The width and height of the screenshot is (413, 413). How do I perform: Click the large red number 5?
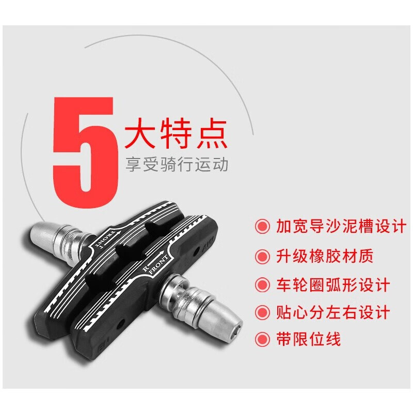(85, 152)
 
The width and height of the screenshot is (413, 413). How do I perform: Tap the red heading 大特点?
(176, 134)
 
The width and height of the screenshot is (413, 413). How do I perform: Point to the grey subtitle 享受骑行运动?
(177, 164)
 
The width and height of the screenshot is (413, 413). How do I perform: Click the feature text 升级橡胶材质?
(325, 256)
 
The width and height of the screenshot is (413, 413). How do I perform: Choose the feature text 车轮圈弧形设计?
(332, 285)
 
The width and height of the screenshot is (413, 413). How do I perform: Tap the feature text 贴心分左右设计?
(332, 312)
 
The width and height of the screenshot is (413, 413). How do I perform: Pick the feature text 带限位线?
(308, 339)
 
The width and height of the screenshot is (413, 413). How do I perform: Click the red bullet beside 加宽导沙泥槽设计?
(262, 226)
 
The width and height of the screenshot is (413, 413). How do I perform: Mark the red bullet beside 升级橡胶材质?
(262, 256)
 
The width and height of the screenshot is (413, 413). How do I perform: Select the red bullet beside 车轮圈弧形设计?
(262, 285)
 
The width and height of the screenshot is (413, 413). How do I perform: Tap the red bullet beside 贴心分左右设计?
(262, 313)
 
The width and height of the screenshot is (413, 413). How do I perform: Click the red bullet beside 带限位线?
(262, 339)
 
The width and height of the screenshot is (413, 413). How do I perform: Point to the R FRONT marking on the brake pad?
(155, 264)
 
